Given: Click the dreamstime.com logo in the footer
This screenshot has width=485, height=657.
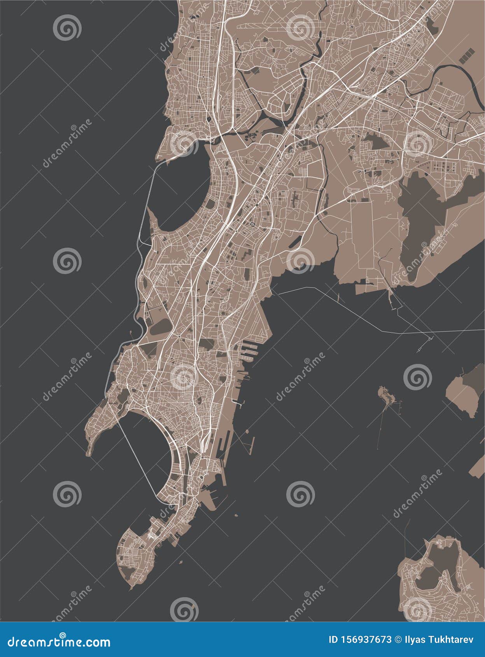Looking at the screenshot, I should click(x=59, y=641).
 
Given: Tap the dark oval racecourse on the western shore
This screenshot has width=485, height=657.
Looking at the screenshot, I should click(x=160, y=327).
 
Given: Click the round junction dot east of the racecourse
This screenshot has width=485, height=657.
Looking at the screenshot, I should click(x=252, y=224).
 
